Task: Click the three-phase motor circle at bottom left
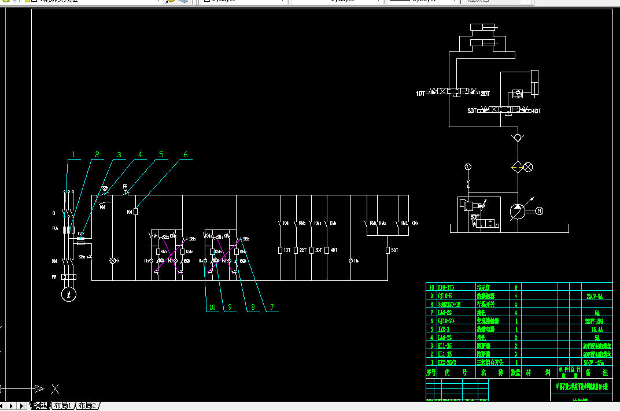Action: click(x=70, y=294)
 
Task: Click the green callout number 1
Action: click(x=74, y=154)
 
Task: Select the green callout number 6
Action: click(x=186, y=154)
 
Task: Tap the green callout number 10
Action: click(x=213, y=308)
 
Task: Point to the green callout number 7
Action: click(x=270, y=308)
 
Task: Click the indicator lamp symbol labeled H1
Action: click(x=113, y=261)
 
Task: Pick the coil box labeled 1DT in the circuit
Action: click(x=281, y=250)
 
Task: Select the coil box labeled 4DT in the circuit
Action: click(x=327, y=250)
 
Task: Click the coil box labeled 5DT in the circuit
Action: click(x=387, y=250)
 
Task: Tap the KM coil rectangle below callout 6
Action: click(x=135, y=212)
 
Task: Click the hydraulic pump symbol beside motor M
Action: click(x=516, y=211)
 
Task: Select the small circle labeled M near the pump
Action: click(x=540, y=211)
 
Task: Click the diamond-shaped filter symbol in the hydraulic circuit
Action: click(x=516, y=167)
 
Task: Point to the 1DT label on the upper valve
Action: click(x=420, y=94)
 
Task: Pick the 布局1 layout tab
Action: click(x=62, y=406)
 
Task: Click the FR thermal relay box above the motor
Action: click(x=70, y=277)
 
